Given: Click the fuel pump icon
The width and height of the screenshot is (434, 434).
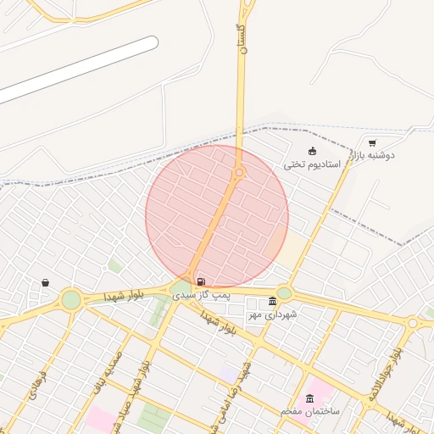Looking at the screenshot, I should click(x=200, y=281).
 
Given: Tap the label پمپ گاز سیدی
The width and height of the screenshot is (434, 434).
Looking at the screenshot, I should click(x=201, y=294).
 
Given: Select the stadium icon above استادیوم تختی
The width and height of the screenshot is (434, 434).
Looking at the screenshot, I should click(x=312, y=151).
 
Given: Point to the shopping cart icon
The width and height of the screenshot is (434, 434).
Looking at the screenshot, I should click(x=372, y=143).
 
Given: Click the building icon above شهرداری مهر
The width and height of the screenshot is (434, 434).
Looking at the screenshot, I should click(x=272, y=302).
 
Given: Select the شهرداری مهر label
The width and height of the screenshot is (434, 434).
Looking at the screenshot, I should click(x=270, y=314).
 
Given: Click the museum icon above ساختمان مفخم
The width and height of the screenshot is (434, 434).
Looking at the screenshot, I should click(x=309, y=398).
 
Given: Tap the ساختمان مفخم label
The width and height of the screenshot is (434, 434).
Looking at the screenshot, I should click(x=310, y=411).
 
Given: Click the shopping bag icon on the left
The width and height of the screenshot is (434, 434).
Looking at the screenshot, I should click(x=45, y=283).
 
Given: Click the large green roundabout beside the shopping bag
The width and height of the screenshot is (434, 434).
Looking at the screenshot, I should click(x=71, y=299).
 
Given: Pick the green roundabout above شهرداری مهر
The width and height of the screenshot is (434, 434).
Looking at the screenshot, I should click(x=284, y=293).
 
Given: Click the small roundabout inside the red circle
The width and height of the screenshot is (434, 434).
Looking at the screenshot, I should click(x=240, y=173).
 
